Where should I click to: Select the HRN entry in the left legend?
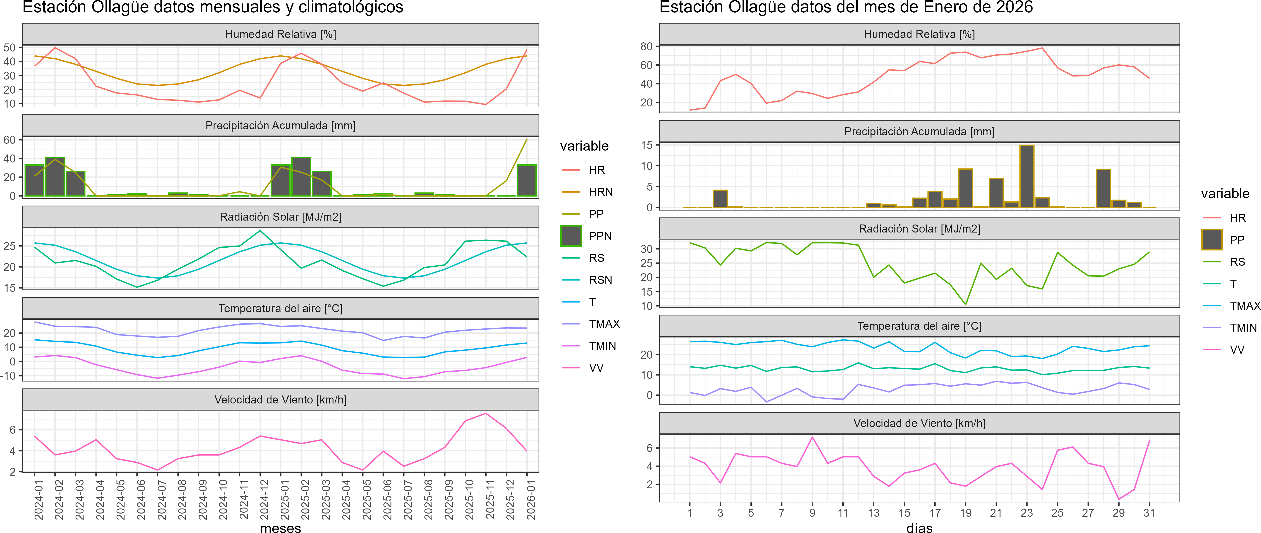(601, 192)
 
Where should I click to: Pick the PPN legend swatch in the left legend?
(571, 236)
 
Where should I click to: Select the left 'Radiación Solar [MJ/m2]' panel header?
(280, 217)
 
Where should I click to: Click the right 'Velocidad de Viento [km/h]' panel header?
(919, 423)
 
